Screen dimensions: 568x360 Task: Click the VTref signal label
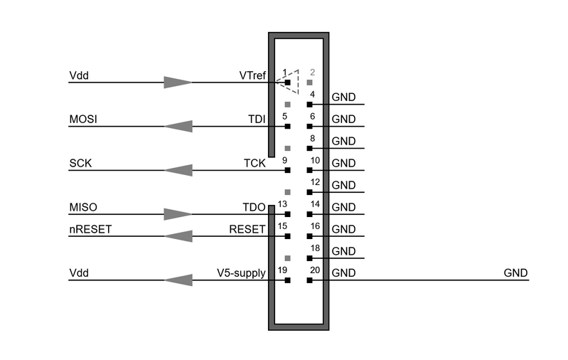tap(252, 75)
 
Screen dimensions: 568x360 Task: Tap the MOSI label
tap(83, 120)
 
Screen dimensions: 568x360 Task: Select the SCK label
tap(80, 163)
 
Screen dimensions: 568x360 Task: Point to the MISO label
tap(83, 207)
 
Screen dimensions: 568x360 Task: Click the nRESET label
tap(90, 229)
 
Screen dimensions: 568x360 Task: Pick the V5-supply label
tap(241, 273)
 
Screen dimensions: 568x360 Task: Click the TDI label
tap(257, 120)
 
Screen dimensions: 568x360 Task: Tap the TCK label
tap(254, 163)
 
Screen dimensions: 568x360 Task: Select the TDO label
tap(254, 207)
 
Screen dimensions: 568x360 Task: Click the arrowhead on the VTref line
tap(178, 83)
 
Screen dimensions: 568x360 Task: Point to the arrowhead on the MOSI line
tap(178, 126)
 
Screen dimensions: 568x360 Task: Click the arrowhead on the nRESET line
tap(178, 236)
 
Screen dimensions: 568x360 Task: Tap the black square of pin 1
tap(288, 83)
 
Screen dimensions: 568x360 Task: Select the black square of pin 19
tap(288, 280)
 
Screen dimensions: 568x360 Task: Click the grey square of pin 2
tap(309, 83)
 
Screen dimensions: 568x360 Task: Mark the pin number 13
tap(282, 204)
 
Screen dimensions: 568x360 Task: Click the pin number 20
tap(315, 270)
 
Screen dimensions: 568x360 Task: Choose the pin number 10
tap(315, 160)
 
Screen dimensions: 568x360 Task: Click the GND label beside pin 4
tap(344, 97)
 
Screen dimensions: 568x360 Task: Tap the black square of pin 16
tap(309, 236)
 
